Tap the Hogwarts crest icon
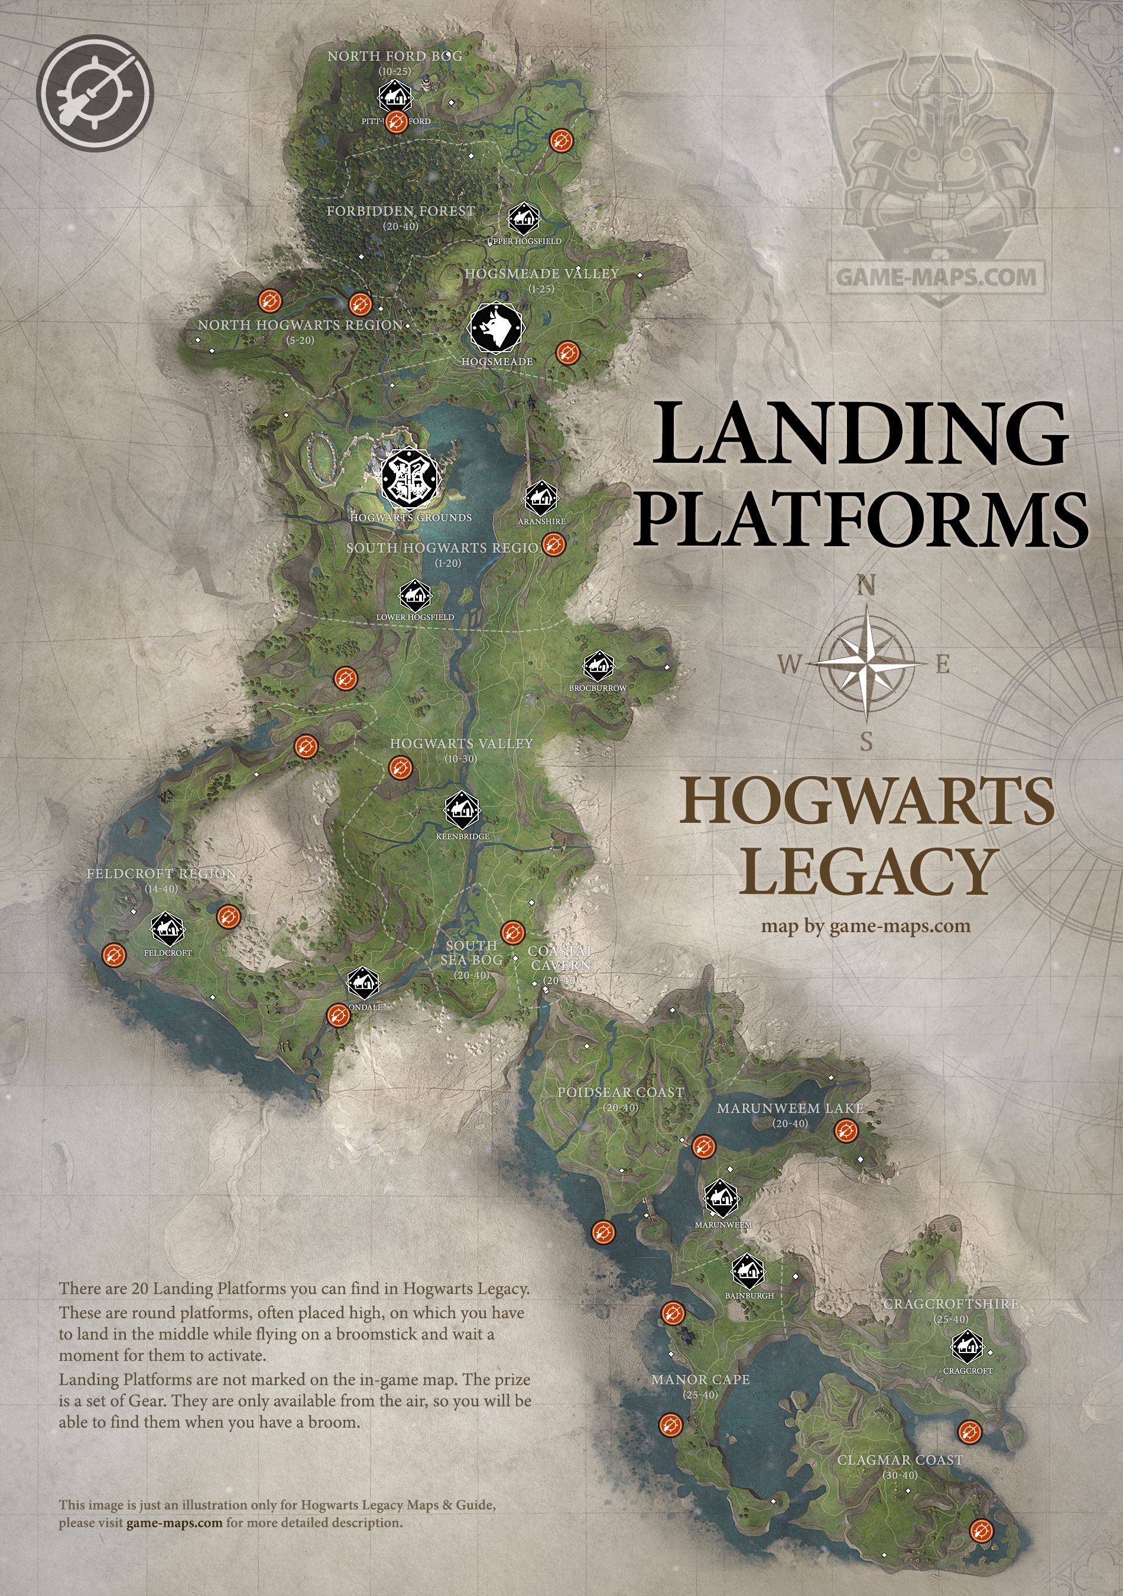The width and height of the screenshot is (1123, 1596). click(x=410, y=478)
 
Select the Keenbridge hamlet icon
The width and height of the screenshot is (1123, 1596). click(x=462, y=810)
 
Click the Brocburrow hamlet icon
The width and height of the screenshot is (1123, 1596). click(x=598, y=667)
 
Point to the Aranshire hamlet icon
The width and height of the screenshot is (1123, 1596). click(x=541, y=498)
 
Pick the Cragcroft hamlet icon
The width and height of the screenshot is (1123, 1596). click(x=966, y=1347)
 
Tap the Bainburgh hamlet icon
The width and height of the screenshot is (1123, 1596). click(x=748, y=1272)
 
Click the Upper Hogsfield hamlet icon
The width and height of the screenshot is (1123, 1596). click(x=522, y=220)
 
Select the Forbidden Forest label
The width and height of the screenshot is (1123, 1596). click(x=401, y=211)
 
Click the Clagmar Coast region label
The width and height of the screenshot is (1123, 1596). click(x=900, y=1461)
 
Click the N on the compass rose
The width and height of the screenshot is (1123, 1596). click(x=866, y=586)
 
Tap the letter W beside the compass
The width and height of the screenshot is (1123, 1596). click(x=788, y=664)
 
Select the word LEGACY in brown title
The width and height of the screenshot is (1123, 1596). click(x=866, y=872)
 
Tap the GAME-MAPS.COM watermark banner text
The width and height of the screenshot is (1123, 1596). click(x=936, y=277)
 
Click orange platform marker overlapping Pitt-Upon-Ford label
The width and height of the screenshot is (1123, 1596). click(x=397, y=122)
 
